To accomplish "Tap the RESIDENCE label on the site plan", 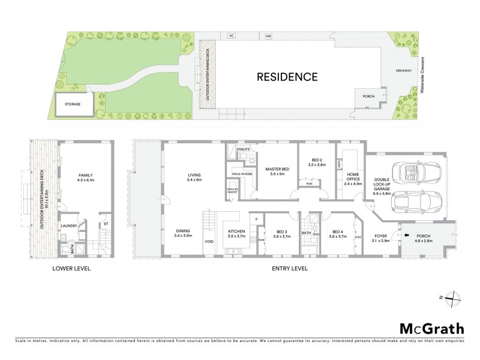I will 287,77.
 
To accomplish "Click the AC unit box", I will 230,36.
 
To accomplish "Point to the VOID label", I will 209,242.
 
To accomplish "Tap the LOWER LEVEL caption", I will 71,268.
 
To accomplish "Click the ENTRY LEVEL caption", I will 290,268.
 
